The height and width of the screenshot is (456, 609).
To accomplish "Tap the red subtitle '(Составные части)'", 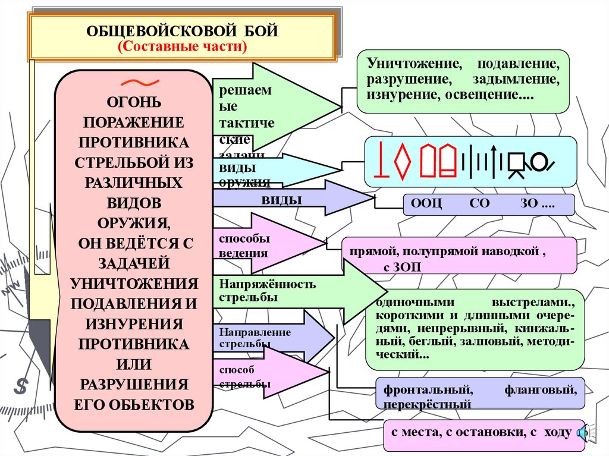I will click(183, 47).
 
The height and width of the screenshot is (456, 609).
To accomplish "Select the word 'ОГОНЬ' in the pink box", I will click(133, 102).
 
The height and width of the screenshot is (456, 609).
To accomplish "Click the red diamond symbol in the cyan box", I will click(403, 161).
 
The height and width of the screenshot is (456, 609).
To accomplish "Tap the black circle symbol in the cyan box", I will click(540, 161).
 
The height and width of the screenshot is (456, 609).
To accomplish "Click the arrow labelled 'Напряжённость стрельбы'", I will click(297, 291).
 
